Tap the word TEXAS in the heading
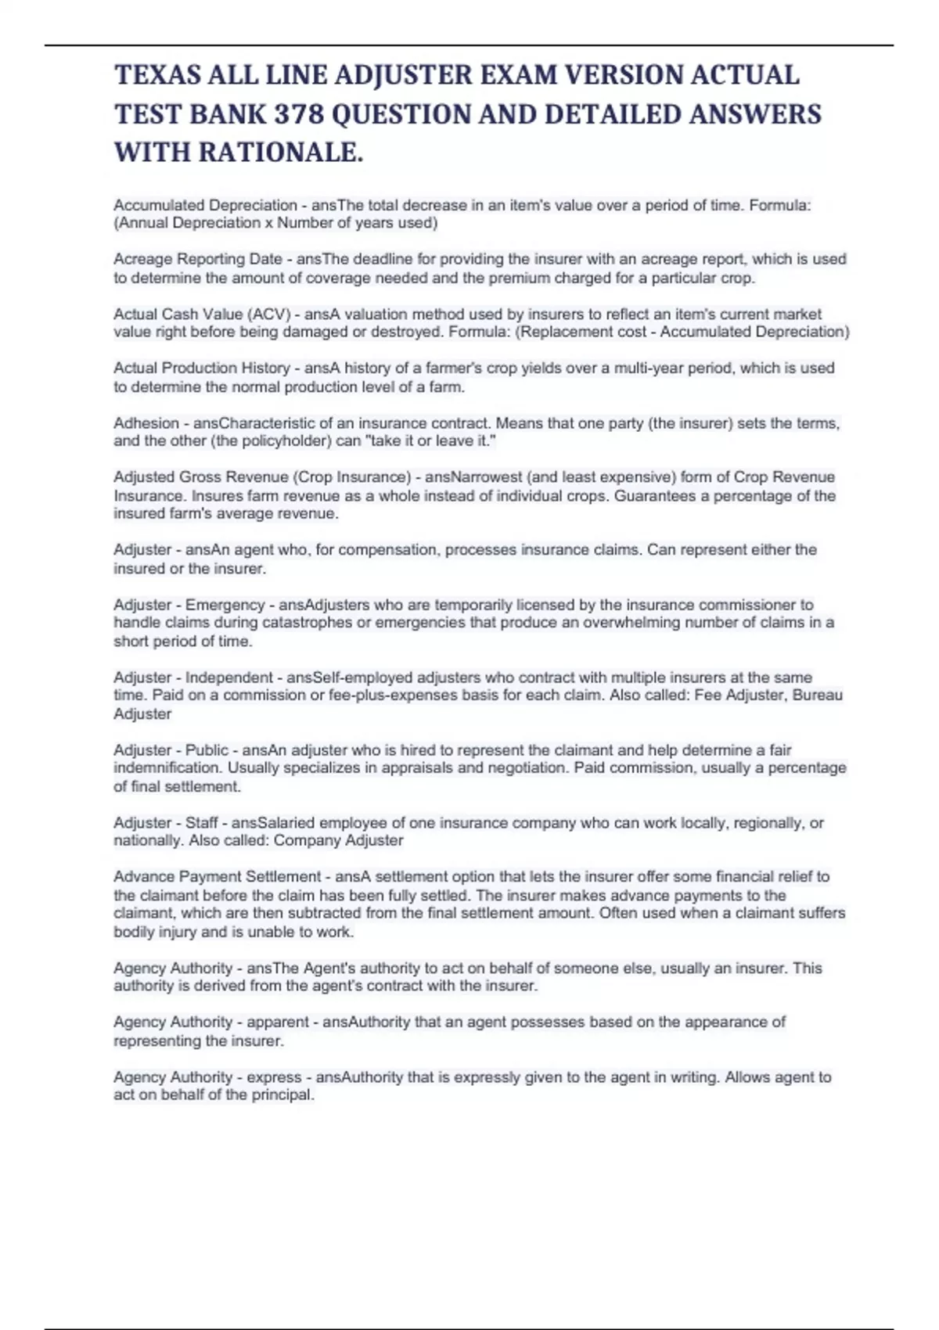(x=154, y=75)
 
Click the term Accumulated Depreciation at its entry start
(x=205, y=205)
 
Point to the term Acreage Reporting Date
(x=198, y=259)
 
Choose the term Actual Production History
(x=202, y=368)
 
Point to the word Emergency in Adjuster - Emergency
(x=225, y=605)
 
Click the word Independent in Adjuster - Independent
(x=229, y=678)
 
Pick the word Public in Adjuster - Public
(x=207, y=749)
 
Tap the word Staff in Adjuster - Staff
(x=202, y=823)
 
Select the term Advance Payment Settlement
(x=218, y=877)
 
